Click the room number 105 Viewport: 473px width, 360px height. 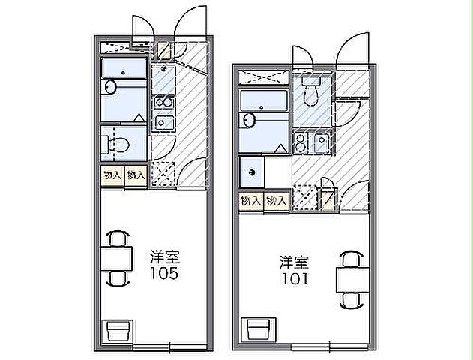pos(163,273)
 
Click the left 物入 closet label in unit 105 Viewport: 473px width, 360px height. pos(111,175)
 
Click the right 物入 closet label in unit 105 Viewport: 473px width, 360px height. pos(135,175)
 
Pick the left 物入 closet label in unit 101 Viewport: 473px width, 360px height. pos(251,201)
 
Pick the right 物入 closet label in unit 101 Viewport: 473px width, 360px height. pos(276,201)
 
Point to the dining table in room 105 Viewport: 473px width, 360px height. pos(116,259)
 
